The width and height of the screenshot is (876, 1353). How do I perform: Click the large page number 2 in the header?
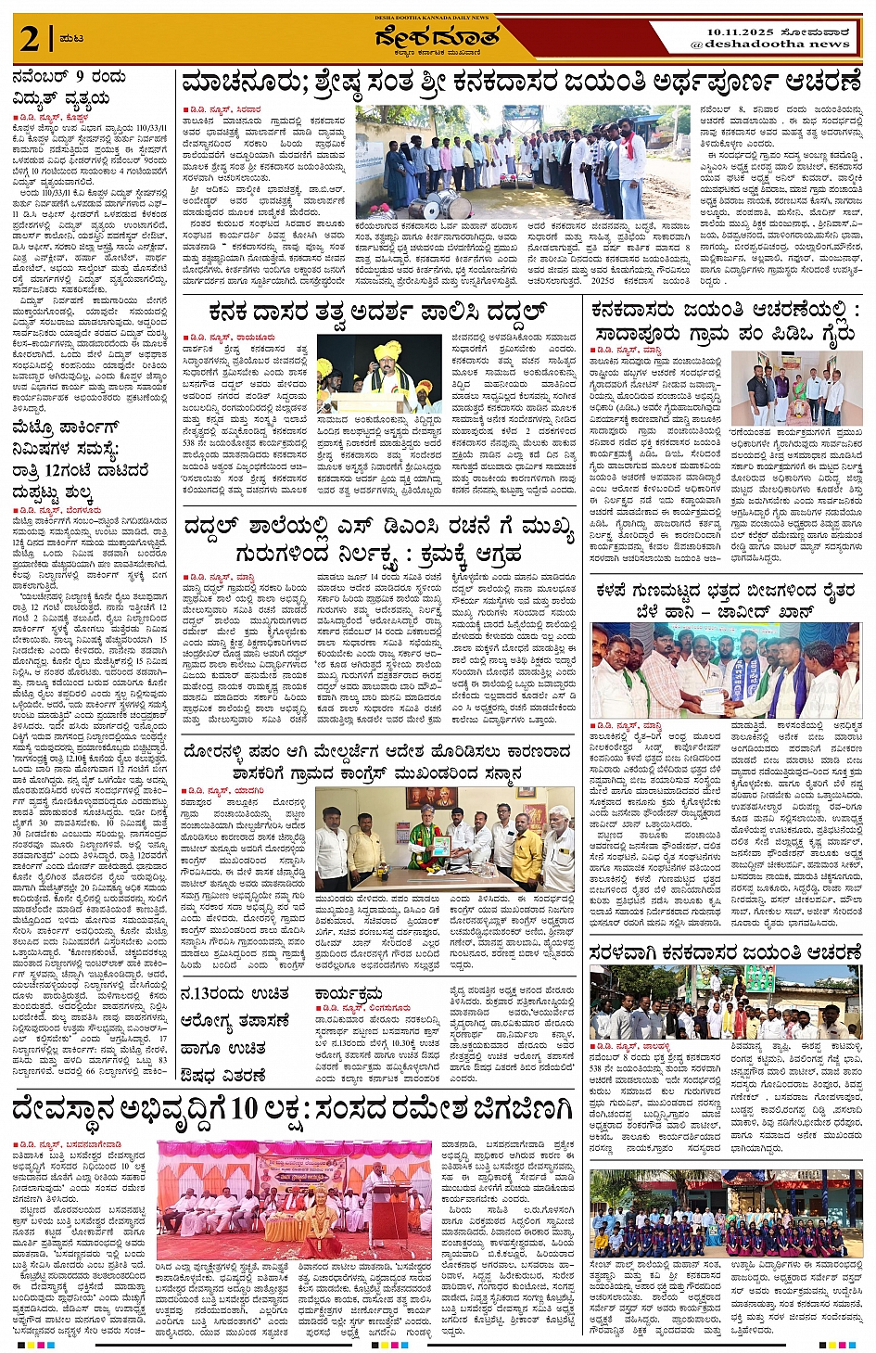pos(31,39)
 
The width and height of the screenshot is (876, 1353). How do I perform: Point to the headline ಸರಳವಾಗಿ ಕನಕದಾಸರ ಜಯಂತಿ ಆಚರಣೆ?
pos(726,952)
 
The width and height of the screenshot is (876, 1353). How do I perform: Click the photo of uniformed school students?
pos(726,1216)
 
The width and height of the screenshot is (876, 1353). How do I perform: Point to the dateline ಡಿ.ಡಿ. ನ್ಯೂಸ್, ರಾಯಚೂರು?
pos(231,338)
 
